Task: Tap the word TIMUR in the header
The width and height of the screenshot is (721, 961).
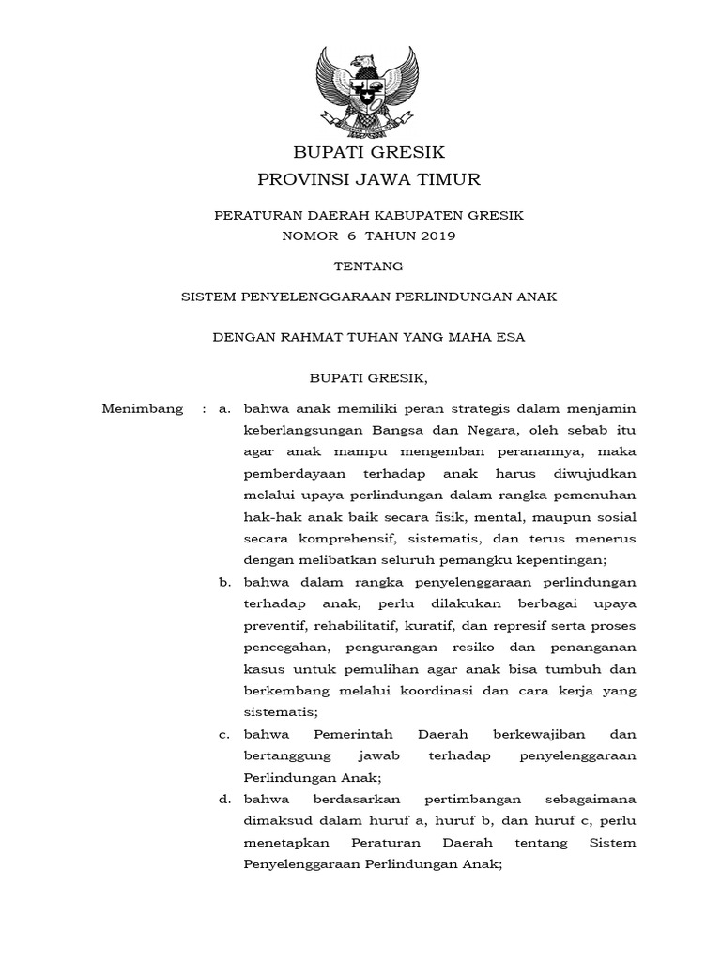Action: tap(446, 178)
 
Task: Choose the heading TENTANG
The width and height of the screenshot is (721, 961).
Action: tap(369, 266)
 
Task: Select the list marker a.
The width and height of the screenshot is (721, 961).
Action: tap(223, 409)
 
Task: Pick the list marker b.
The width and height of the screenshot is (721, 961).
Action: tap(223, 582)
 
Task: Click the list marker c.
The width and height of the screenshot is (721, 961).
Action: tap(223, 733)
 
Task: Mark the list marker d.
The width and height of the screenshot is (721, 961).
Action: tap(223, 799)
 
